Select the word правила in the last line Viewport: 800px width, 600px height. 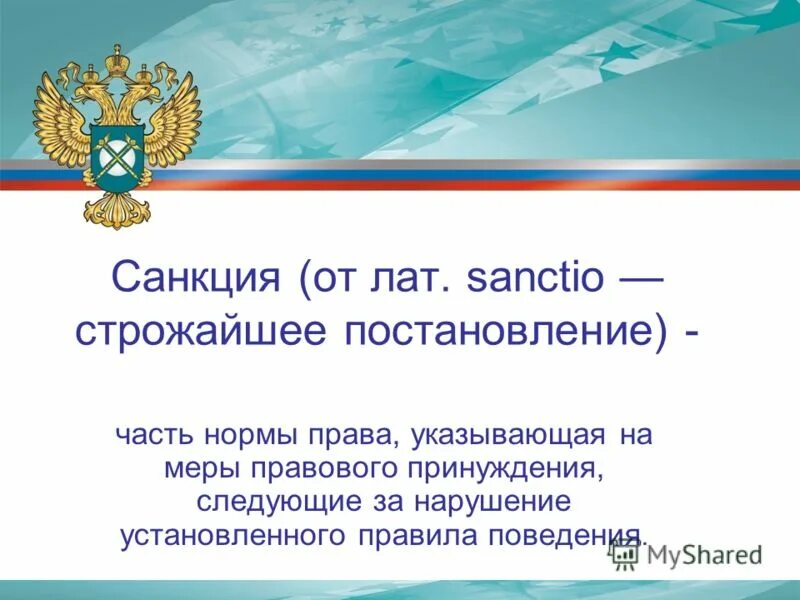pyautogui.click(x=415, y=533)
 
